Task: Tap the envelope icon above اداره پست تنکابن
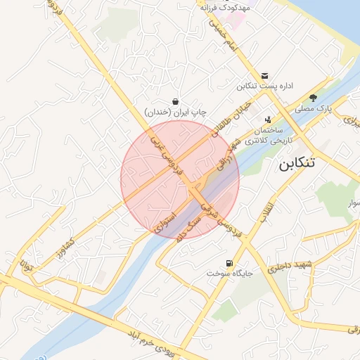(264, 75)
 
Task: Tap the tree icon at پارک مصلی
(314, 98)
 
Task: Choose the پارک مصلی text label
(313, 109)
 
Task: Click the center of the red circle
(180, 179)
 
